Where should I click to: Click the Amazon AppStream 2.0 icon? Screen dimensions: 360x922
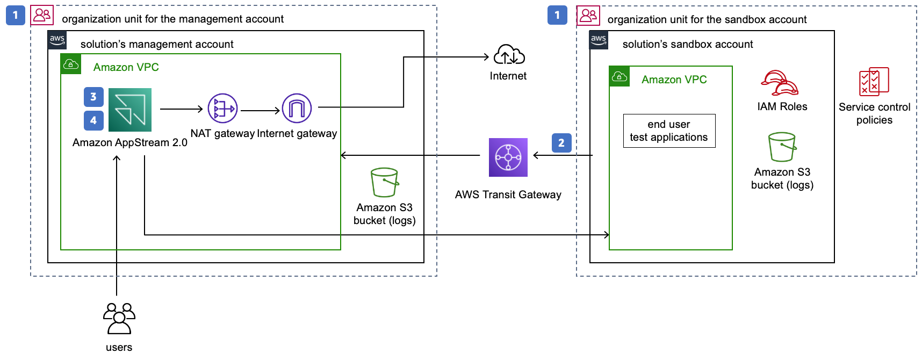click(130, 110)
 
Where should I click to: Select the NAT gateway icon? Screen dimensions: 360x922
click(222, 109)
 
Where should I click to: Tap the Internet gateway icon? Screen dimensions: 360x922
click(297, 109)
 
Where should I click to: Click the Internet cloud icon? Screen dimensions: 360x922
click(509, 55)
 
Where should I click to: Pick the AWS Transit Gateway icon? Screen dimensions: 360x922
click(508, 157)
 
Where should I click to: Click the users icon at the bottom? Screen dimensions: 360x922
click(119, 319)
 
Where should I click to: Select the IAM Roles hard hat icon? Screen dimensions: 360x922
click(780, 83)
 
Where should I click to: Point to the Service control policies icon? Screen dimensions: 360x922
click(874, 82)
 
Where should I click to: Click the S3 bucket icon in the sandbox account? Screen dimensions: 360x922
click(782, 147)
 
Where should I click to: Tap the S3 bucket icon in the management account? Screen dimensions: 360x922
click(385, 183)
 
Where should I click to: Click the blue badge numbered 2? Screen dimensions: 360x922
click(561, 143)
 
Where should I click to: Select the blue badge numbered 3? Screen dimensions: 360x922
click(93, 97)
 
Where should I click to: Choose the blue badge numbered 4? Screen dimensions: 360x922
click(93, 120)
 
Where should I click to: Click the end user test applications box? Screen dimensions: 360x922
click(669, 131)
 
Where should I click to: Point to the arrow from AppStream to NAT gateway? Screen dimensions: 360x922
click(181, 109)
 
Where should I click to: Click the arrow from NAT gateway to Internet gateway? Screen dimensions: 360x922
click(261, 111)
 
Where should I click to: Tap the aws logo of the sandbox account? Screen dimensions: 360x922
click(599, 40)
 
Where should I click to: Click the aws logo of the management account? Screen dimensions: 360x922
click(57, 40)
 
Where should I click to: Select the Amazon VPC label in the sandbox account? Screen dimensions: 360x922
click(674, 80)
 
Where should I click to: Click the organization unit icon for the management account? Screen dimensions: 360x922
click(42, 15)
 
